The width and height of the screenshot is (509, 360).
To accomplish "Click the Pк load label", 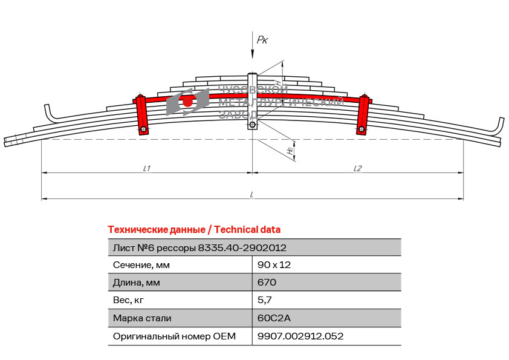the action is (x=262, y=40).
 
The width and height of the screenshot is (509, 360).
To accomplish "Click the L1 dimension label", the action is (x=147, y=168).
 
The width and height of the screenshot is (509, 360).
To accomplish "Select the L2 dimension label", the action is (x=357, y=168).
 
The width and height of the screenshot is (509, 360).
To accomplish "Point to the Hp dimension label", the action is (x=290, y=151).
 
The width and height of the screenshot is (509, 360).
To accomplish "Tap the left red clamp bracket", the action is (x=141, y=115).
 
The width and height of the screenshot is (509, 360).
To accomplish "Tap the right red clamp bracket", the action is (x=363, y=115).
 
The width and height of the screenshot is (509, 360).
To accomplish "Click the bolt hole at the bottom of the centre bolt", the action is (x=253, y=125).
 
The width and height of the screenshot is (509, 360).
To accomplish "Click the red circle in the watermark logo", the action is (x=187, y=102).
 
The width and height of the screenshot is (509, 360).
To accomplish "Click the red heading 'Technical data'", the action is (x=247, y=230).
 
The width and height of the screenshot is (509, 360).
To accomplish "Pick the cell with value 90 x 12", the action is (x=274, y=265).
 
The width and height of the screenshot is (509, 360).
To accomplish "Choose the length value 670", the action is (x=267, y=283).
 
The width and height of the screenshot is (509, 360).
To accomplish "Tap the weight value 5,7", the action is (x=265, y=300).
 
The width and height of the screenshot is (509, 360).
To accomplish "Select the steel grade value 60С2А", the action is (x=274, y=318).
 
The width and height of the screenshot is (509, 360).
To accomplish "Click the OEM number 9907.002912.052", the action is (x=300, y=336).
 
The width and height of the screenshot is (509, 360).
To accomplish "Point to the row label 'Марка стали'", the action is (x=142, y=318).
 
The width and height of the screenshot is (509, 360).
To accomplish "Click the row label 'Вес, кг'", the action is (x=128, y=300).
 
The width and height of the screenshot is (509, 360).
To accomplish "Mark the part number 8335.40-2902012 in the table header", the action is (x=242, y=248).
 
